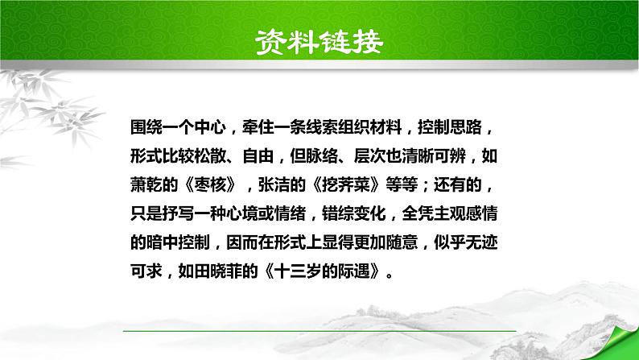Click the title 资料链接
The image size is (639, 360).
pyautogui.click(x=319, y=43)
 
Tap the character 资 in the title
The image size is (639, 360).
pyautogui.click(x=270, y=43)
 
